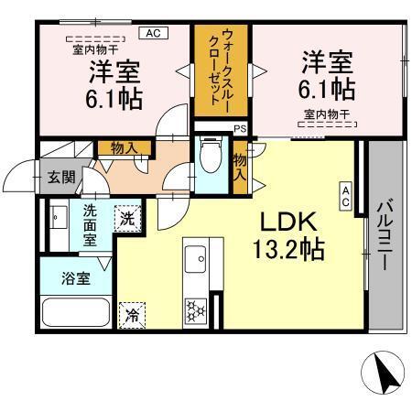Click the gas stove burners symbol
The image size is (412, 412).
pyautogui.click(x=195, y=309)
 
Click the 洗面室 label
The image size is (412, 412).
pyautogui.click(x=91, y=225)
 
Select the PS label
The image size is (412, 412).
pyautogui.click(x=240, y=130)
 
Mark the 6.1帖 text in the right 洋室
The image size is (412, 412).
pyautogui.click(x=331, y=89)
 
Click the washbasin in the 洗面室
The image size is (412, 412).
pyautogui.click(x=59, y=221)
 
